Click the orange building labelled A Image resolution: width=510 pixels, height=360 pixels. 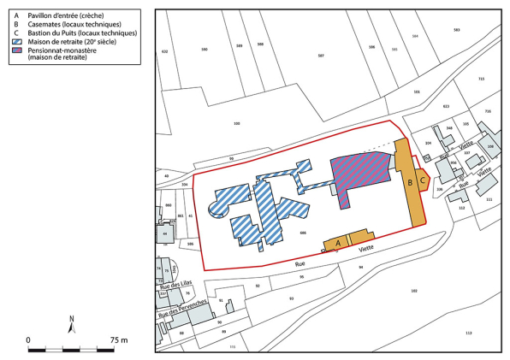pyautogui.click(x=339, y=244)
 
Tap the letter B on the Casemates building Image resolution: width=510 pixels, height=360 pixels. pyautogui.click(x=410, y=182)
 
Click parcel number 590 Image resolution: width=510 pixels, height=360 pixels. pyautogui.click(x=204, y=50)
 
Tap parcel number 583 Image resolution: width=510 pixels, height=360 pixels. pyautogui.click(x=457, y=30)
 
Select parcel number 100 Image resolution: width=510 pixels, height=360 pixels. pyautogui.click(x=236, y=125)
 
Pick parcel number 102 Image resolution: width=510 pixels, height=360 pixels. pyautogui.click(x=413, y=292)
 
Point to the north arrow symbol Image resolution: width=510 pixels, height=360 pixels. pyautogui.click(x=72, y=324)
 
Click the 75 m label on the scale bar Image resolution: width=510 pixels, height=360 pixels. pyautogui.click(x=118, y=339)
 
